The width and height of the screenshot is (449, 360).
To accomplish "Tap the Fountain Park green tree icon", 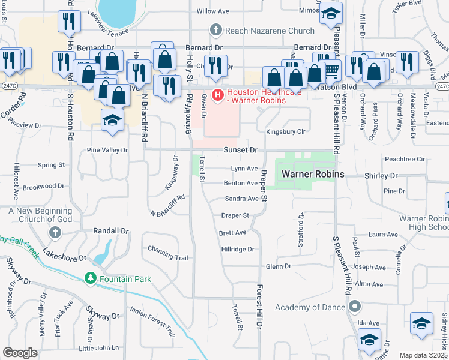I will coord(91,278).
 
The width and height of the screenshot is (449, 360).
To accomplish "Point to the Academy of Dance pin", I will coord(355,307).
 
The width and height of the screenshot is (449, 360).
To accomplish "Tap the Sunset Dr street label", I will coord(241,149).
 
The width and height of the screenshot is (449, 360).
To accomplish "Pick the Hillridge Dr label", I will coord(238,249).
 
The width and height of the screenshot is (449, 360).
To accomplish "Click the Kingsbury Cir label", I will coord(286,131).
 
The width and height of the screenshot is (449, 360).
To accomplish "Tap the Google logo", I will coord(20,353).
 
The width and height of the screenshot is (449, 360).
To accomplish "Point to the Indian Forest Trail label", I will coord(152,322).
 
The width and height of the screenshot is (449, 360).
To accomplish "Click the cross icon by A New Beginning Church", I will coord(55,232).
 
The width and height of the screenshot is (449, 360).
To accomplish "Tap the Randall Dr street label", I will coord(111,230).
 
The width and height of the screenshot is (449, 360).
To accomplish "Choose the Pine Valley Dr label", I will coord(107,150).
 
